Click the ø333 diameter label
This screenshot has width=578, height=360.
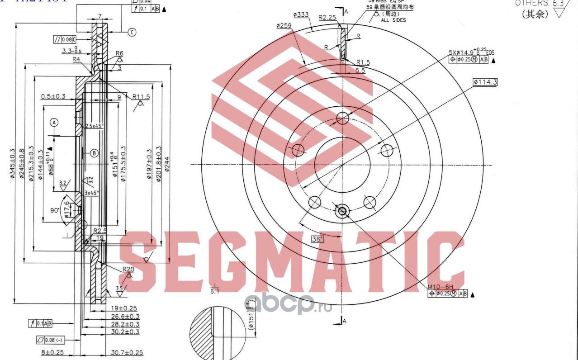point(301,15)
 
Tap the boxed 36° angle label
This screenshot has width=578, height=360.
point(318,239)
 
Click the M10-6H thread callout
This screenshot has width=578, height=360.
point(440,286)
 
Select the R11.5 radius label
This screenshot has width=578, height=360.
point(141,97)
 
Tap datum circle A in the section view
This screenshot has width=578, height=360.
point(54,122)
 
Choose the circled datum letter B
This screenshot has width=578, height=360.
point(94,153)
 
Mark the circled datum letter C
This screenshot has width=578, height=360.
point(132,32)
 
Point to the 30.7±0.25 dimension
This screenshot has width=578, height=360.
point(127,352)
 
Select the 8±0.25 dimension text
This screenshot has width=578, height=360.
point(52,352)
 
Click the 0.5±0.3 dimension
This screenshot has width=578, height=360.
point(53,96)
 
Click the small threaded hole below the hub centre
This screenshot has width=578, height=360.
point(342,210)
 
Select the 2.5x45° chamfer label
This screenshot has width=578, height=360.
point(94,126)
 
